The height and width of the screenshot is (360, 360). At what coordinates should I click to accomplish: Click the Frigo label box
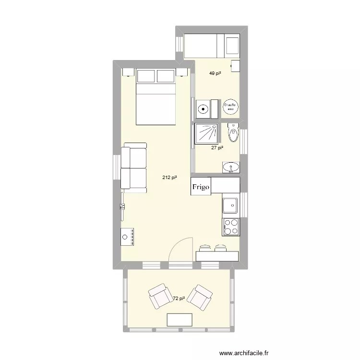pos(201,187)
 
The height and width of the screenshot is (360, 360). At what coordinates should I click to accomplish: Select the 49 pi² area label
pos(215,73)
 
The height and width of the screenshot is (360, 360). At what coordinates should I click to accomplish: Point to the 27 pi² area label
pos(217,148)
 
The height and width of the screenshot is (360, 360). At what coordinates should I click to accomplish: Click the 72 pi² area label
pos(179,299)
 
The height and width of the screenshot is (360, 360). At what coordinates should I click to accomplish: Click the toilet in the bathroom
pos(234,132)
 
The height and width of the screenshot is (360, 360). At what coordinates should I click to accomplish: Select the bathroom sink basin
pos(231,168)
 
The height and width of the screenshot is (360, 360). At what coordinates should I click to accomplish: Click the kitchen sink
pos(230,205)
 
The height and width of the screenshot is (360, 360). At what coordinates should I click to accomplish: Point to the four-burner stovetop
pos(231,227)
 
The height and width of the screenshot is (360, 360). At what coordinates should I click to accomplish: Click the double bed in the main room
pos(156,96)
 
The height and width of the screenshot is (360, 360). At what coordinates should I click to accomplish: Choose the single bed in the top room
pos(212,46)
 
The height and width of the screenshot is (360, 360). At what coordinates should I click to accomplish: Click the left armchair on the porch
pos(158,297)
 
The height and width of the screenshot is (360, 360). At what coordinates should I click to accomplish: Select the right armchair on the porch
pos(200,297)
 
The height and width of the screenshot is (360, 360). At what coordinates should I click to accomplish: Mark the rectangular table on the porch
pos(179,320)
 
